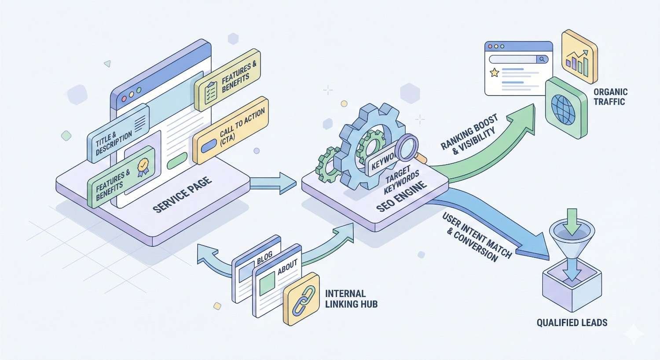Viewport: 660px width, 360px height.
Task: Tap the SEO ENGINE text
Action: tap(401, 197)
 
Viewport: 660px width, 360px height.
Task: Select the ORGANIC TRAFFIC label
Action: tap(610, 97)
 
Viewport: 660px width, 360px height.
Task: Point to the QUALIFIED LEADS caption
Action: tap(572, 323)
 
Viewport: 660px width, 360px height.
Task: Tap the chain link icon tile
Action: tap(301, 299)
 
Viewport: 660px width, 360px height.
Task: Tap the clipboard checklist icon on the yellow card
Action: tap(210, 90)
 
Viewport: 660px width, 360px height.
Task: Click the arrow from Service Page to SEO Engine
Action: tap(273, 182)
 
